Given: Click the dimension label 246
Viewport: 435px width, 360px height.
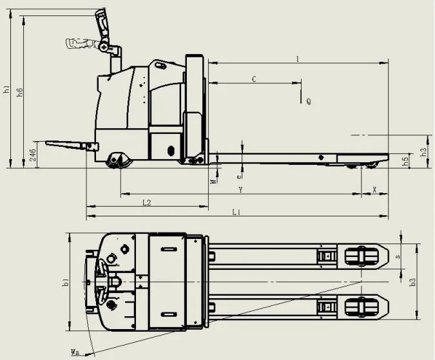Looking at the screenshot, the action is [x=33, y=155].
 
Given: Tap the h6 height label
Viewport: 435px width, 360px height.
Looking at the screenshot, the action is [x=20, y=92].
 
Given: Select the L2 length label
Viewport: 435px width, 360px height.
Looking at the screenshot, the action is [x=147, y=203].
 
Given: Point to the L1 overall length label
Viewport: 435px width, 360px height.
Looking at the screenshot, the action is [x=237, y=213].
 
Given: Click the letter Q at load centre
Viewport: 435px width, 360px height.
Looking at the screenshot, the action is [x=309, y=102].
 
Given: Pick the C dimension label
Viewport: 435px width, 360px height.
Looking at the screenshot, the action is [x=254, y=79].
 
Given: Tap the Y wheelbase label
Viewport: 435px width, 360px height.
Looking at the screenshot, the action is [x=241, y=190].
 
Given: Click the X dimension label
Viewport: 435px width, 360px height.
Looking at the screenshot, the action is [x=374, y=190].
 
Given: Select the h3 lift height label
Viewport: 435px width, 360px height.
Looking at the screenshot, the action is [x=423, y=152].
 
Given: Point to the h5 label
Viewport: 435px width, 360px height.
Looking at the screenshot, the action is [x=405, y=162].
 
